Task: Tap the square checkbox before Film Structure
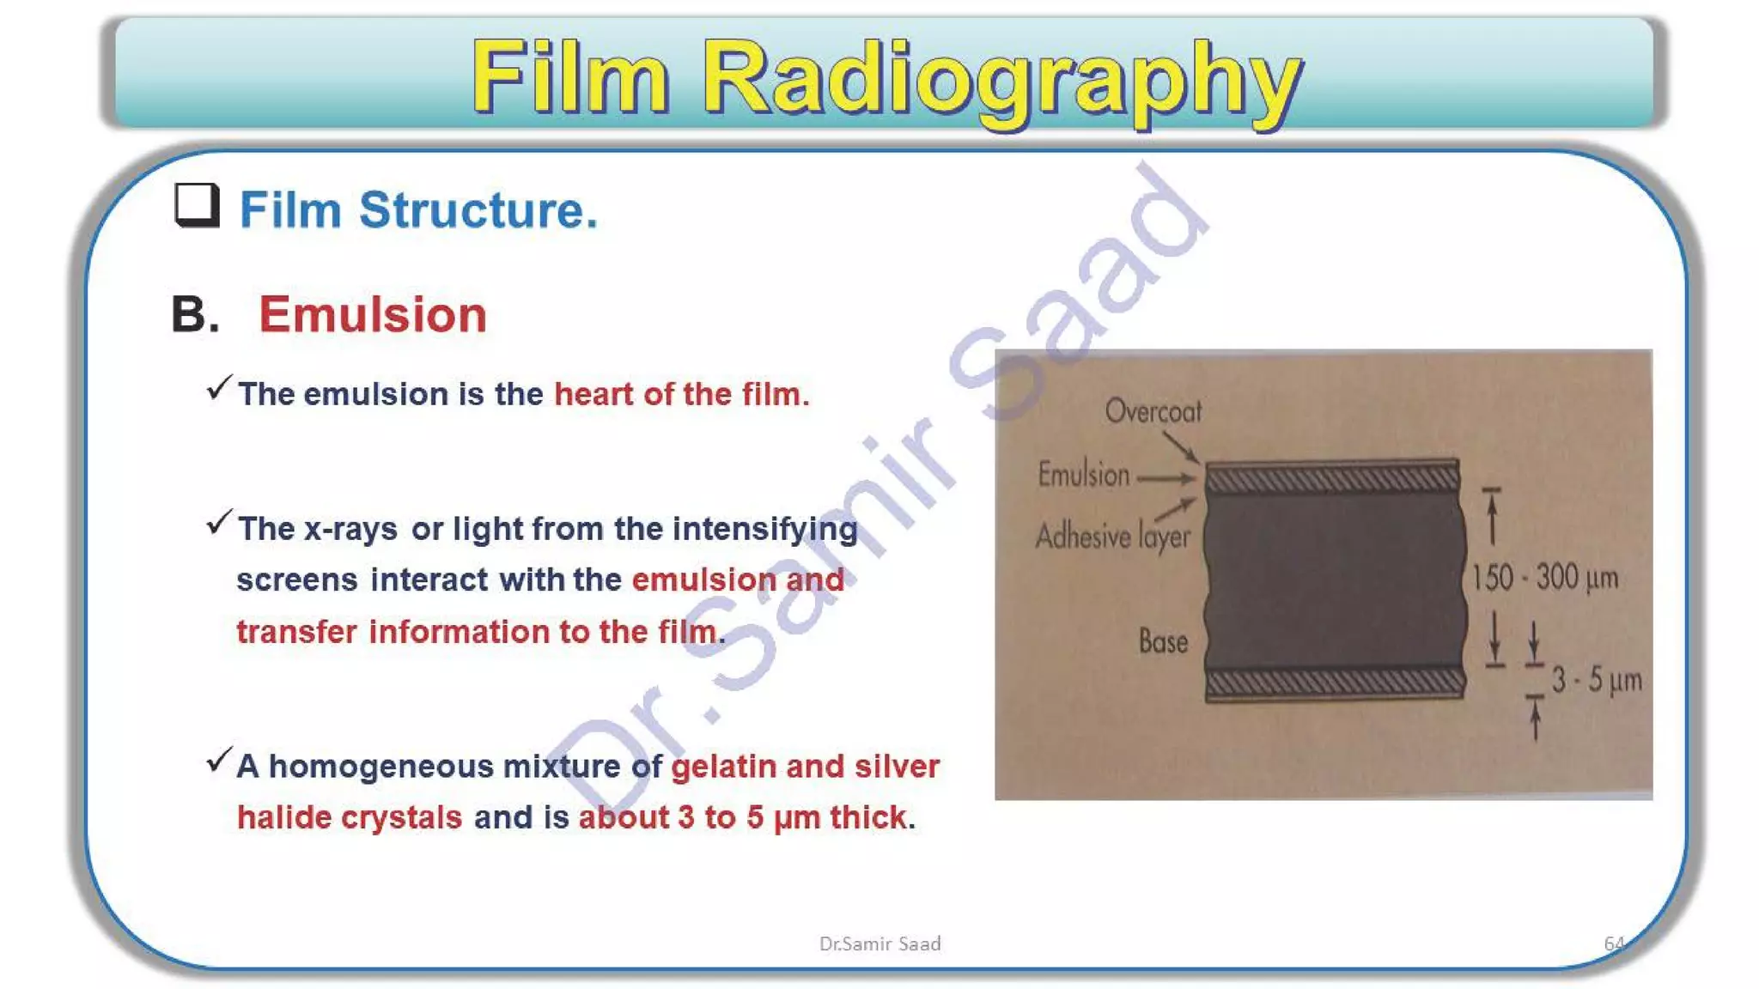tap(197, 205)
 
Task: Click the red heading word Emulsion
tap(373, 314)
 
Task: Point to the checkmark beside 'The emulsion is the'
tap(219, 388)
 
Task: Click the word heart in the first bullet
tap(593, 394)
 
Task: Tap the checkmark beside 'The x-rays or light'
tap(219, 522)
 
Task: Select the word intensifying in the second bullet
tap(764, 529)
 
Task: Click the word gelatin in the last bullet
tap(723, 766)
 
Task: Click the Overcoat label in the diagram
tap(1153, 412)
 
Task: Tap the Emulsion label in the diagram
tap(1083, 475)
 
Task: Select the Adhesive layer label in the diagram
tap(1112, 537)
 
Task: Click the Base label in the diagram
tap(1163, 641)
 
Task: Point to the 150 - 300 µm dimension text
tap(1544, 578)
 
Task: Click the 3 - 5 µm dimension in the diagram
tap(1596, 681)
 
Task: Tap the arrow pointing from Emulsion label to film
tap(1166, 478)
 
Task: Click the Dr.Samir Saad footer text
tap(879, 943)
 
